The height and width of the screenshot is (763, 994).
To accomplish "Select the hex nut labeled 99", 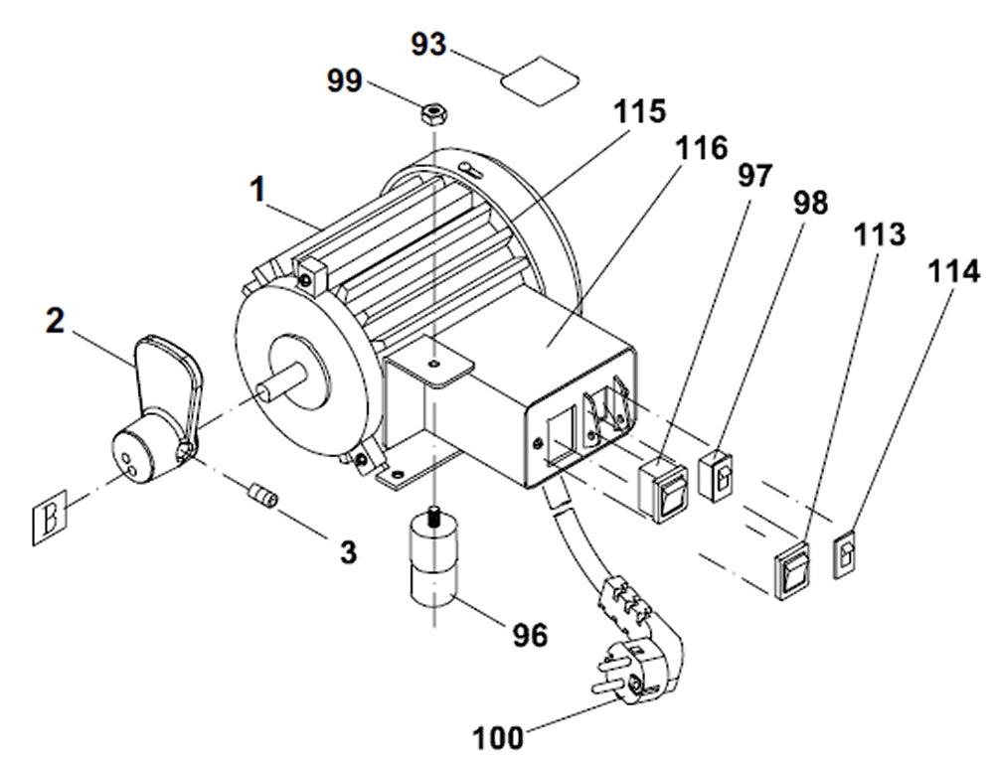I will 434,113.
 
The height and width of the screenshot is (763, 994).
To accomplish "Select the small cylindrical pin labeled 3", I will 260,493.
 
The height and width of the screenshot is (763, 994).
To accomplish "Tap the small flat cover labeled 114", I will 846,557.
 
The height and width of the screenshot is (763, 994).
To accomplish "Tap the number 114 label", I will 954,270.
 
